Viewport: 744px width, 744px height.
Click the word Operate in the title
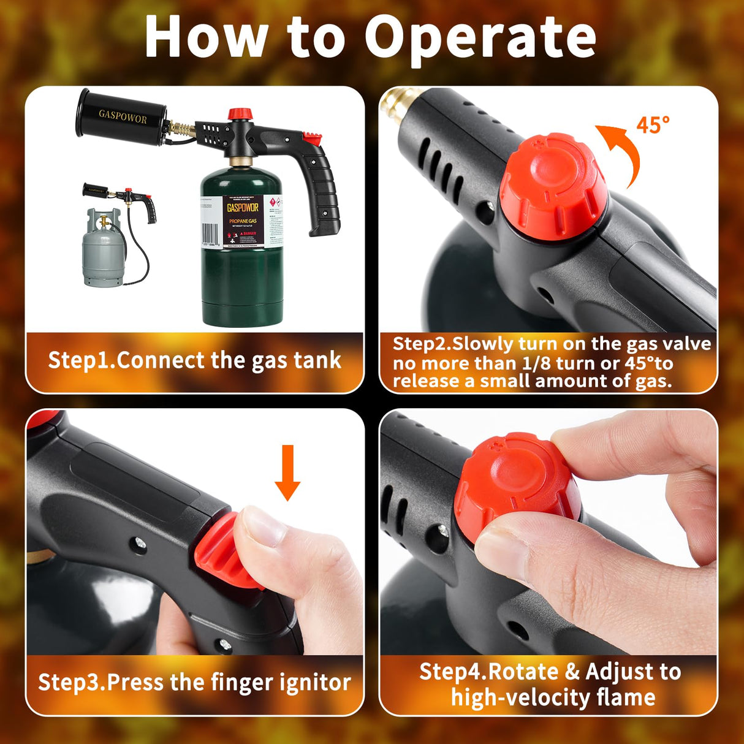click(480, 38)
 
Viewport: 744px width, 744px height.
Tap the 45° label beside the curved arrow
click(652, 126)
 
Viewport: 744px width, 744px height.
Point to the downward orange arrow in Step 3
click(287, 472)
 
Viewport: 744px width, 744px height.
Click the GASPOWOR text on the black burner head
click(123, 116)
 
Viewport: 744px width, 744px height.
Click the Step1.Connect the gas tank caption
click(194, 360)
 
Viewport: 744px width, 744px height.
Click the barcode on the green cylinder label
click(210, 233)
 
